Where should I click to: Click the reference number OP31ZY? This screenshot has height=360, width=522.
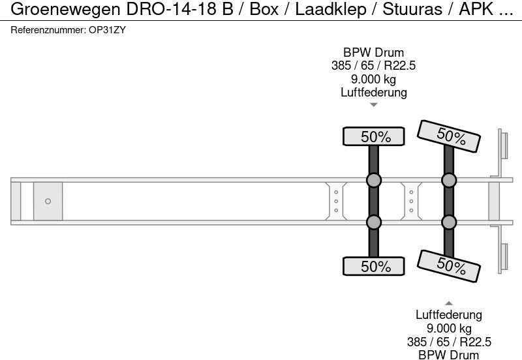[107, 30]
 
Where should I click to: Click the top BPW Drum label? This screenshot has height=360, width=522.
[373, 53]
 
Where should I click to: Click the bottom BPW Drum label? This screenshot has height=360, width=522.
[449, 355]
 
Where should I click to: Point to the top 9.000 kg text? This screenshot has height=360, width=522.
[373, 79]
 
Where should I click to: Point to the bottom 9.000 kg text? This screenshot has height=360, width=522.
[449, 329]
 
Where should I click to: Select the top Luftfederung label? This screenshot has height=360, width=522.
[373, 92]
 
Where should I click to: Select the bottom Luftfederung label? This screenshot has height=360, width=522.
[449, 316]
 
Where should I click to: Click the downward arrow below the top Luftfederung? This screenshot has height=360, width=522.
[373, 104]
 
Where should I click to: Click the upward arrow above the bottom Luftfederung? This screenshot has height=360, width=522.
[449, 303]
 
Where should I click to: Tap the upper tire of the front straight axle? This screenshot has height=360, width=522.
[374, 137]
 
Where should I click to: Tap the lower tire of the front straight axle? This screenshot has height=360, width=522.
[374, 266]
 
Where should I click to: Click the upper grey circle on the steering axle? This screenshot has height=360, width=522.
[449, 180]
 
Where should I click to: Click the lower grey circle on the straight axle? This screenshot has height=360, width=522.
[373, 223]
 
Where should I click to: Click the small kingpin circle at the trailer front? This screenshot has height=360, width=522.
[48, 202]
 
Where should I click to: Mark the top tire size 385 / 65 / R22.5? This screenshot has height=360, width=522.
[373, 66]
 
